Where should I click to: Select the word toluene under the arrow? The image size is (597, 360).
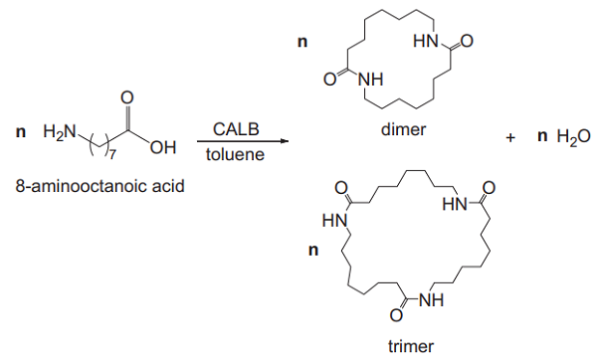(x=235, y=157)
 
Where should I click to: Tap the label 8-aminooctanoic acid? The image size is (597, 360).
(x=94, y=186)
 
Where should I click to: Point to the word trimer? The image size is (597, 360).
(x=411, y=347)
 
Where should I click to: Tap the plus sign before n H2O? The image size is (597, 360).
(x=510, y=138)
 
